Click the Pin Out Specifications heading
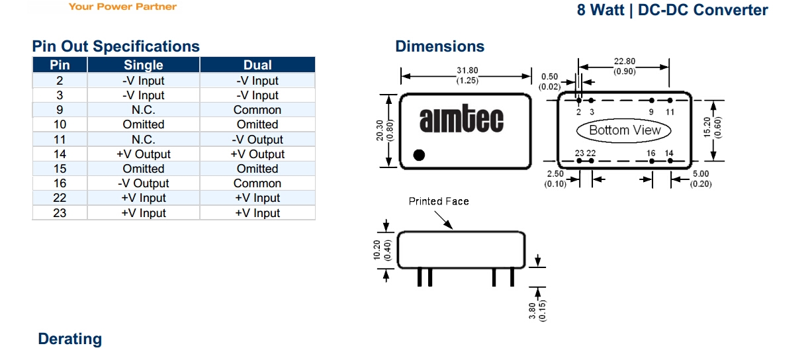click(x=116, y=46)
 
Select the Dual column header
click(x=257, y=65)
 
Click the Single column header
click(x=143, y=65)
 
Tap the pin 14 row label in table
click(x=60, y=154)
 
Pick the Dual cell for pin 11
click(x=257, y=140)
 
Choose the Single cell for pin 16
click(x=143, y=183)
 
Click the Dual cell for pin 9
click(x=257, y=110)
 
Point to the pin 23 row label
click(x=60, y=213)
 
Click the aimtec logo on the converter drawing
click(x=461, y=120)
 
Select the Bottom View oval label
click(x=625, y=130)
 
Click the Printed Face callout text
click(x=438, y=201)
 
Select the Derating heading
click(x=70, y=339)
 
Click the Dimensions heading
click(x=439, y=46)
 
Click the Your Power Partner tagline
click(x=122, y=7)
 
